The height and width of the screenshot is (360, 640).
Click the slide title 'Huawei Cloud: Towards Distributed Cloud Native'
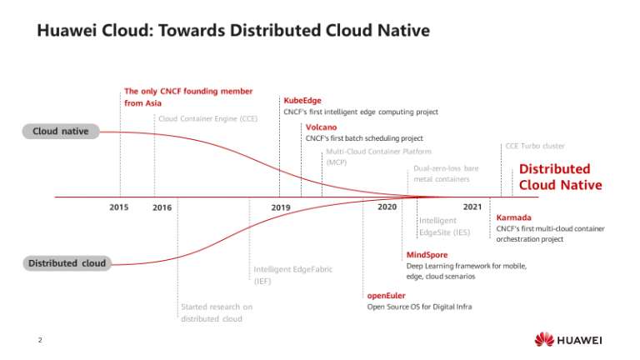pyautogui.click(x=233, y=32)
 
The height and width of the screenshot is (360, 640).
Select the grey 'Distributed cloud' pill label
pyautogui.click(x=67, y=263)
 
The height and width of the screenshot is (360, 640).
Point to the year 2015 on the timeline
pyautogui.click(x=119, y=207)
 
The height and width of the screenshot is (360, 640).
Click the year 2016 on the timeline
pyautogui.click(x=162, y=207)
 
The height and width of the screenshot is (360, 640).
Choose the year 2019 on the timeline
pyautogui.click(x=280, y=207)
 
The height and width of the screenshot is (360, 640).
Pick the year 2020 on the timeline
pyautogui.click(x=387, y=206)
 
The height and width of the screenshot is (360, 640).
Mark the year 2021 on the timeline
pyautogui.click(x=472, y=206)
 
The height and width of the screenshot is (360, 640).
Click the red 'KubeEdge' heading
pyautogui.click(x=302, y=100)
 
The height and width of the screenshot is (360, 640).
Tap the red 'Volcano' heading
pyautogui.click(x=321, y=127)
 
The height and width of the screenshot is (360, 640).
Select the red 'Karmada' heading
pyautogui.click(x=513, y=217)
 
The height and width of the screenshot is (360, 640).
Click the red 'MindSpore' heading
pyautogui.click(x=427, y=254)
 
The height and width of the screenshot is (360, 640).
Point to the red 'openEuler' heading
pyautogui.click(x=387, y=295)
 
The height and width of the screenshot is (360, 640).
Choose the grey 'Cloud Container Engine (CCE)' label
pyautogui.click(x=207, y=118)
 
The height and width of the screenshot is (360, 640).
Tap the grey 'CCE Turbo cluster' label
pyautogui.click(x=535, y=146)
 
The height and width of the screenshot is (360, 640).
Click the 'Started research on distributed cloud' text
pyautogui.click(x=217, y=312)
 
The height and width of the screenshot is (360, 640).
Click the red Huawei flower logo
pyautogui.click(x=544, y=339)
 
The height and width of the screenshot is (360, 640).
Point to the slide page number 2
pyautogui.click(x=39, y=339)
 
